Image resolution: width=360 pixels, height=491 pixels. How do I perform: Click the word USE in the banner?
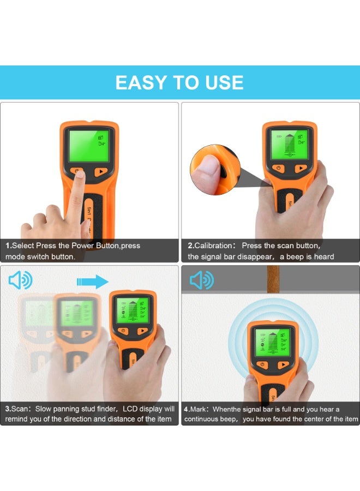click(x=221, y=82)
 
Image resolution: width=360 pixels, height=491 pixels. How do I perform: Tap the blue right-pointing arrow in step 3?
click(x=92, y=281)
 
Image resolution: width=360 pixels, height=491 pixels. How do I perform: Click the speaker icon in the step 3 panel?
click(x=20, y=281)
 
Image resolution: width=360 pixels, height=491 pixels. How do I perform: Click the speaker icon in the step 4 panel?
click(x=201, y=281)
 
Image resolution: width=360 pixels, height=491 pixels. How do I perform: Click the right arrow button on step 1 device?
click(x=100, y=171)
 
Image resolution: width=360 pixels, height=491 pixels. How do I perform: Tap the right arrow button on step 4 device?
click(x=283, y=365)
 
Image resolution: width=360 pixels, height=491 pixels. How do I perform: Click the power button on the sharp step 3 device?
click(x=124, y=331)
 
